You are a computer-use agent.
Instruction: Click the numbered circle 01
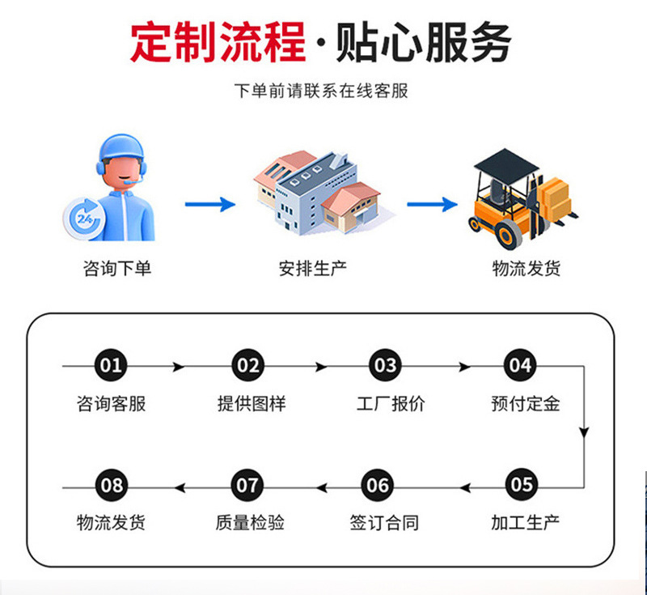coord(112,366)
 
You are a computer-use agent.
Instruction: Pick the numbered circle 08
coord(112,486)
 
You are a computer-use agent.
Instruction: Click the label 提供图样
coord(251,403)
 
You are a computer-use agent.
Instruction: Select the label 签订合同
coord(384,522)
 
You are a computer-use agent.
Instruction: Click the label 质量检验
coord(250,522)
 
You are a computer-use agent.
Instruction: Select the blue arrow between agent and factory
coord(209,204)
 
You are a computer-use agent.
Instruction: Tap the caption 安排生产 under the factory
coord(313,268)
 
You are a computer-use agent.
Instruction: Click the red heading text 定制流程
coord(218,42)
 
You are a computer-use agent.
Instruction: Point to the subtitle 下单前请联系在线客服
coord(321,91)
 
